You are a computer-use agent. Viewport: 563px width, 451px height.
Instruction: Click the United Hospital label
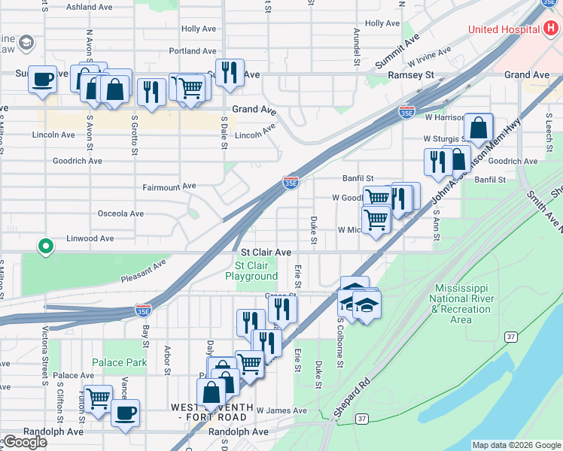[503, 29]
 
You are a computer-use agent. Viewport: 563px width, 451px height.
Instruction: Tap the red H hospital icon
[551, 29]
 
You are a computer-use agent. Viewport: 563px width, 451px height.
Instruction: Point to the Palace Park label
[120, 362]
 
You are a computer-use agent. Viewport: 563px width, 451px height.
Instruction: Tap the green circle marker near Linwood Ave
[46, 245]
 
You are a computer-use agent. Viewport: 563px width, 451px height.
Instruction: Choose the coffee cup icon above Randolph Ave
[125, 412]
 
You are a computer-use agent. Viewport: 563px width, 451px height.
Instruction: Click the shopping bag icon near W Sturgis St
[478, 128]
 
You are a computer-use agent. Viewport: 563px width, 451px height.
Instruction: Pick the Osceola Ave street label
[120, 213]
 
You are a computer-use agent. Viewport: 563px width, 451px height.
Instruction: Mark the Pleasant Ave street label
[143, 271]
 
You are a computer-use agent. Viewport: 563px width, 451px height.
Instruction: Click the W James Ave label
[281, 410]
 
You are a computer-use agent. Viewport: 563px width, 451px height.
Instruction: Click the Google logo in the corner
[25, 442]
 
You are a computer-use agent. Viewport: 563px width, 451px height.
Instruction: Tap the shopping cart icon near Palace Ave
[97, 398]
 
